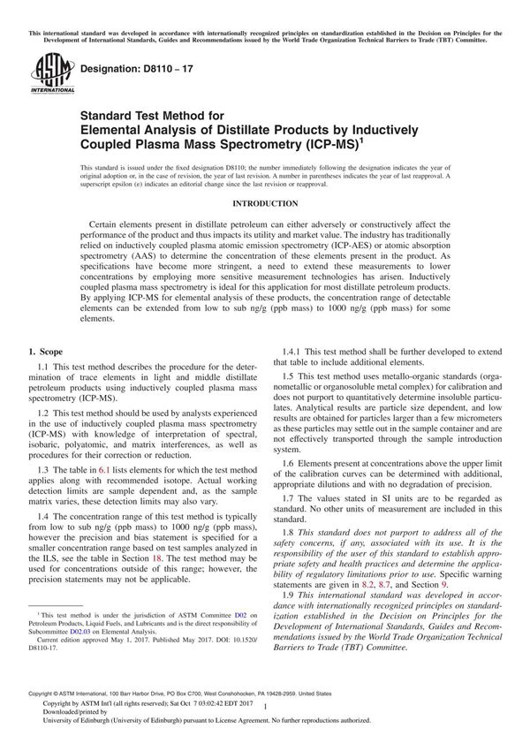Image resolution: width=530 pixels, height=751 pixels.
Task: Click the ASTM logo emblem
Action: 43,67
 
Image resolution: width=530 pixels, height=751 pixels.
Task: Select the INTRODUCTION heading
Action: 264,203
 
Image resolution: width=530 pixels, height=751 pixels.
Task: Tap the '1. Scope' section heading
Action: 49,353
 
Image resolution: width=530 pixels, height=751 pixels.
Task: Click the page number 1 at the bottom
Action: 264,721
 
